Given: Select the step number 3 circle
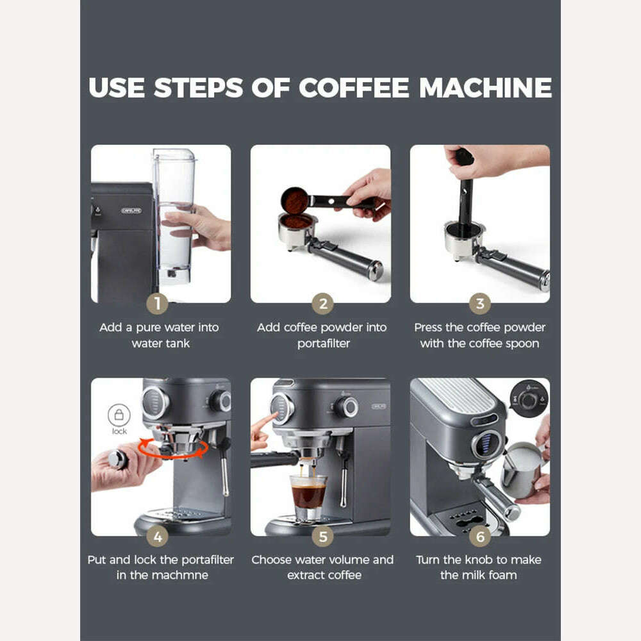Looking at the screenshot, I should tap(479, 303).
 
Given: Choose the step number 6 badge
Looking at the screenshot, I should tap(479, 536).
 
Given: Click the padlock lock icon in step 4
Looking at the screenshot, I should tap(119, 415).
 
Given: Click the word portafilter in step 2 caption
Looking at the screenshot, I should tap(323, 344).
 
